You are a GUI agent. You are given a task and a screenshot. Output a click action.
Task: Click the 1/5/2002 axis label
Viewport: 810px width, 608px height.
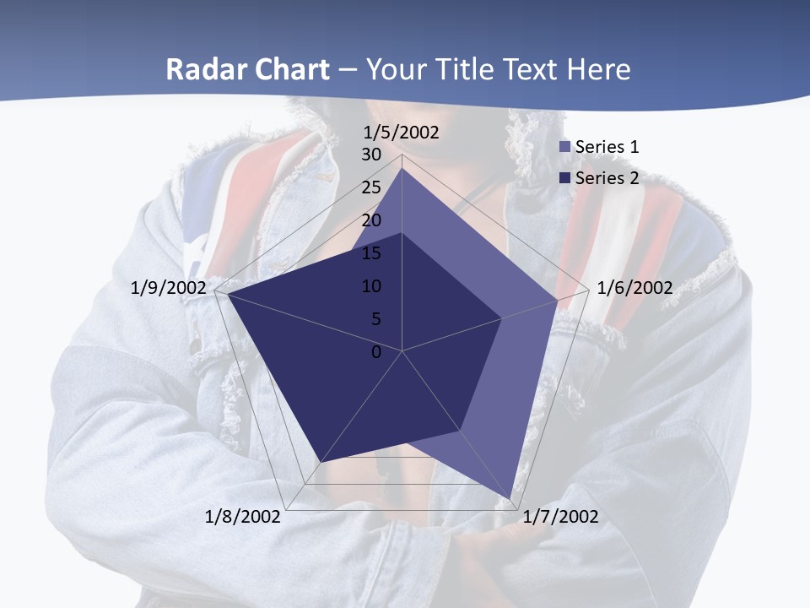point(401,133)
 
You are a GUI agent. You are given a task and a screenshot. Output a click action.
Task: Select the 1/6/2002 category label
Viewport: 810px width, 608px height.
point(634,288)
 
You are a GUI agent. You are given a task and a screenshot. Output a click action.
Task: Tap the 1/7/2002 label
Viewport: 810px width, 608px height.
point(561,517)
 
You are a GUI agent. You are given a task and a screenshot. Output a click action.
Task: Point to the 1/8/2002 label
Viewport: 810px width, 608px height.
point(243,517)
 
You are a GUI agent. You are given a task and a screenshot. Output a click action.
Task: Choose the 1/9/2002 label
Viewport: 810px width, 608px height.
point(169,288)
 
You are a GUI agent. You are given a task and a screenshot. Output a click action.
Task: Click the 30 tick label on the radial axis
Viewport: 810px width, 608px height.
point(371,155)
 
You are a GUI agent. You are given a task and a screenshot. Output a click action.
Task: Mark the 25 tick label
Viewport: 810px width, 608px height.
point(371,187)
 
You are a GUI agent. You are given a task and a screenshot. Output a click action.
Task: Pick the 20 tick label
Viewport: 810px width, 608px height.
point(371,220)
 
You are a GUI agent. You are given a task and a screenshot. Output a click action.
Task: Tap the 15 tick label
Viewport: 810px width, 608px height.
point(371,253)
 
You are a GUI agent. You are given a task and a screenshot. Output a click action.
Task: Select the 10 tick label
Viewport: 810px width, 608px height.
point(371,286)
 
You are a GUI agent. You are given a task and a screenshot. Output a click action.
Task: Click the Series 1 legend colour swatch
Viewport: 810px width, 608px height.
point(565,147)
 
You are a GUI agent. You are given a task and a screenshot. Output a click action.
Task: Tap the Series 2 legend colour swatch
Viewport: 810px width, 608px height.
point(565,178)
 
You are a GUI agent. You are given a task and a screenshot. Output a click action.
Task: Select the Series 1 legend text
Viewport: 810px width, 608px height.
point(607,147)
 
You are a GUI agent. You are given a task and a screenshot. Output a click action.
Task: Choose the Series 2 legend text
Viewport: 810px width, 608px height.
point(607,178)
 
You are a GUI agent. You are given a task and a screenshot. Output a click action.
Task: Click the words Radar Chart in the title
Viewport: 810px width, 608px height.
point(247,69)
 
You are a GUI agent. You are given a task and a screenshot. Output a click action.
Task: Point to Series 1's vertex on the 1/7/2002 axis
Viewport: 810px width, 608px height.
point(510,499)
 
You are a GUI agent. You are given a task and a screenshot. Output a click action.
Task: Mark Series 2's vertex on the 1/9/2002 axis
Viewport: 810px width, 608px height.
point(226,294)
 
